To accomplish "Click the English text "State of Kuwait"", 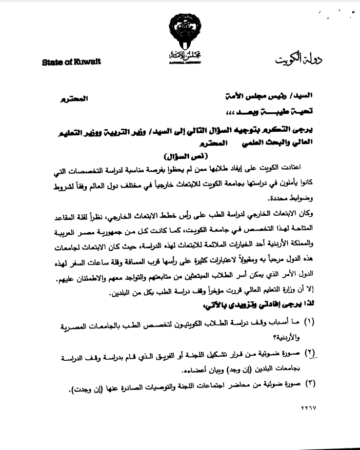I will tap(71, 62).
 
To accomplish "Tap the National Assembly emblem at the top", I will tap(180, 38).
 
